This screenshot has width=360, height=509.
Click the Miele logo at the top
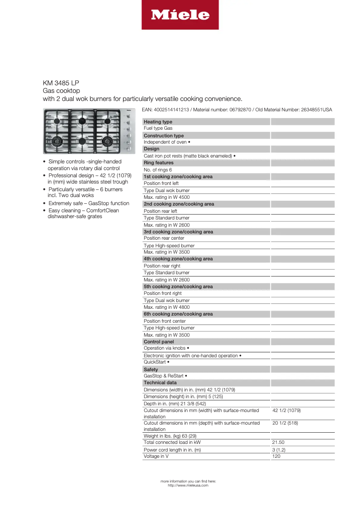point(180,15)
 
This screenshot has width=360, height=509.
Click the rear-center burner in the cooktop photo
point(82,120)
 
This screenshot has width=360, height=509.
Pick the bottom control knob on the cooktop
point(128,148)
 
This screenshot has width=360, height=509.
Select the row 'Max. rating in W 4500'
point(167,197)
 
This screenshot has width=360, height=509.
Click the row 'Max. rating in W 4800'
point(167,307)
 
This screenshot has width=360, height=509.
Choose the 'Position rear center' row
point(164,238)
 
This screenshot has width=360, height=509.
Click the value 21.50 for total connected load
point(279,442)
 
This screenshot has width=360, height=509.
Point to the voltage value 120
point(276,456)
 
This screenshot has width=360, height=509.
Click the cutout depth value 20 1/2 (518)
point(285,423)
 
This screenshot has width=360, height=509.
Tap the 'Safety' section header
point(151,369)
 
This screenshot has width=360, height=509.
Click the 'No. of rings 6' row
point(158,170)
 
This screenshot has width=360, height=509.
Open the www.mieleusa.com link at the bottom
point(188,485)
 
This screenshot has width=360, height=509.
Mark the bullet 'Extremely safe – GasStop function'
point(88,203)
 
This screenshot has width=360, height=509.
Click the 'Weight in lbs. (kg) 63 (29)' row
point(170,436)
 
